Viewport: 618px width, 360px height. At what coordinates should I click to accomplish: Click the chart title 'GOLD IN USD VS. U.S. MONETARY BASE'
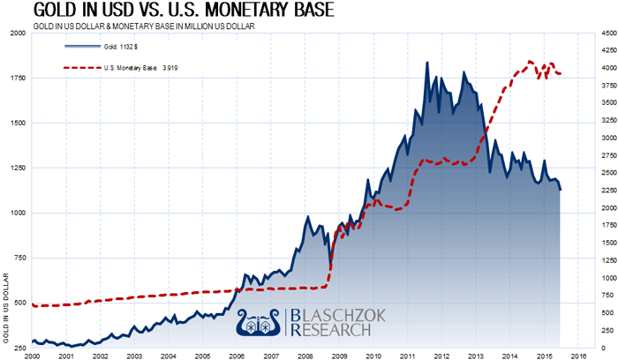(x=159, y=12)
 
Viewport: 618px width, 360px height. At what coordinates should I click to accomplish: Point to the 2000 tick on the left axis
(x=17, y=33)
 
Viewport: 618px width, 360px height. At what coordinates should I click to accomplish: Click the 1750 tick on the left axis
(x=17, y=78)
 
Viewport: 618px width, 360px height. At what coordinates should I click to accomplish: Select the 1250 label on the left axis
(x=17, y=169)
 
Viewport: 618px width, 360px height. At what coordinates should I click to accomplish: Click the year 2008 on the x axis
(x=305, y=355)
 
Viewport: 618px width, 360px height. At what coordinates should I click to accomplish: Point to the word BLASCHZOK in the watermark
(x=331, y=315)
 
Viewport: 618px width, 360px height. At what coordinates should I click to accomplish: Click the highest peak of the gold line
(x=427, y=64)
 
